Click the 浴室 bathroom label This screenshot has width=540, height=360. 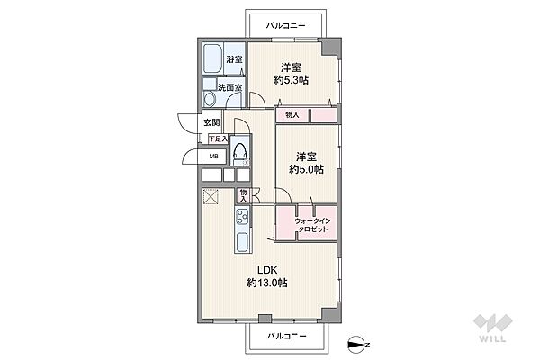click(x=234, y=59)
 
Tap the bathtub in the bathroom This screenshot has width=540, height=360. click(x=211, y=58)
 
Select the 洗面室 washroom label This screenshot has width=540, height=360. click(x=229, y=87)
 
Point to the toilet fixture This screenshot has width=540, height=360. click(x=240, y=153)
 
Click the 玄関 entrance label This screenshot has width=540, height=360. click(x=211, y=122)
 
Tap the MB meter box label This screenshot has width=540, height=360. click(x=214, y=157)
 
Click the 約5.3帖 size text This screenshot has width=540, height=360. click(x=291, y=80)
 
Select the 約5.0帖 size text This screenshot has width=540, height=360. click(x=306, y=169)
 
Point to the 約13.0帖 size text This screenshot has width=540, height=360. click(x=267, y=283)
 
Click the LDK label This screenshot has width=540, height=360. click(x=267, y=270)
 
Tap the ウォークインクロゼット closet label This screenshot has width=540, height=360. click(x=313, y=225)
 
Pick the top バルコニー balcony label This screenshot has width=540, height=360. click(x=286, y=25)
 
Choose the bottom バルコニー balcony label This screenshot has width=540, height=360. click(x=286, y=336)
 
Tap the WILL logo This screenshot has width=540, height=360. click(x=492, y=328)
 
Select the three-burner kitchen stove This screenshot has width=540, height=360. click(x=243, y=217)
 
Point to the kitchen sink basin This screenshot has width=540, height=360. click(x=242, y=241)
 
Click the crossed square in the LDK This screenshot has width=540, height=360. click(x=210, y=196)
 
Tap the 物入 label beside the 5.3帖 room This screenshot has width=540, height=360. click(x=292, y=115)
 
